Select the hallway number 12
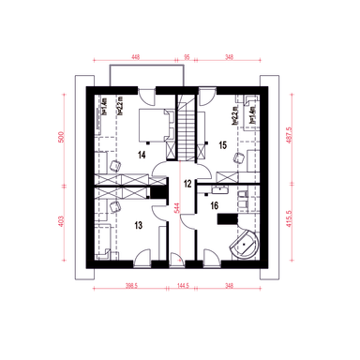pos(187,184)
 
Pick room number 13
pos(139,225)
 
